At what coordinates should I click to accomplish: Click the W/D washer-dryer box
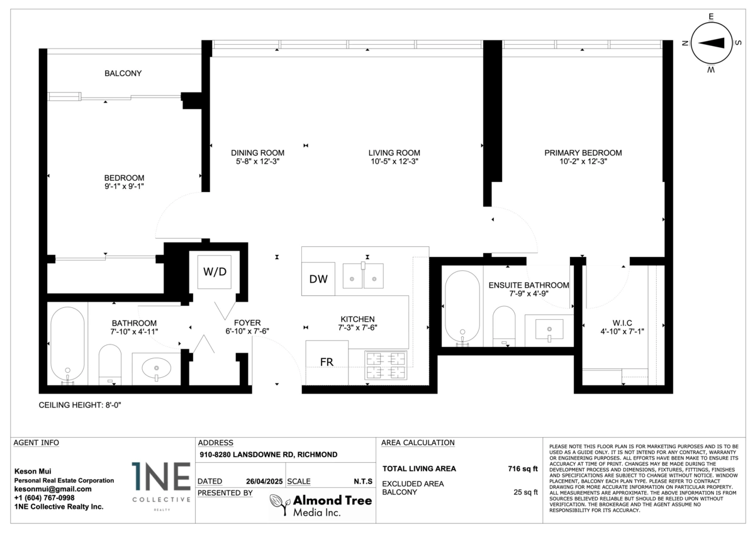(215, 272)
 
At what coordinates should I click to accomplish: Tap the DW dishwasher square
(318, 279)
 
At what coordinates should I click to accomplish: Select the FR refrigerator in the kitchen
(327, 362)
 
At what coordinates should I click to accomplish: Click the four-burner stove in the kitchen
(386, 365)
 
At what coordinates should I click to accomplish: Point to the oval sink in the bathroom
(157, 368)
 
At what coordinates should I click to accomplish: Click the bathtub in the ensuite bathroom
(462, 309)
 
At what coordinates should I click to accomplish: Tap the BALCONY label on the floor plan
(123, 73)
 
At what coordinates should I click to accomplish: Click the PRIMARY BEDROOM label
(583, 153)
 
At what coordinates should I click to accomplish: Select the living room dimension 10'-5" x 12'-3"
(394, 161)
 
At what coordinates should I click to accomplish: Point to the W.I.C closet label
(622, 323)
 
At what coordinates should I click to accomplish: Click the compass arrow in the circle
(711, 43)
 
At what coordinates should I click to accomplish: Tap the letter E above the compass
(711, 16)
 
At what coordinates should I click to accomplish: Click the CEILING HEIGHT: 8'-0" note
(80, 405)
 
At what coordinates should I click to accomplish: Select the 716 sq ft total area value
(523, 469)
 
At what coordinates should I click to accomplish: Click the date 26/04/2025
(264, 481)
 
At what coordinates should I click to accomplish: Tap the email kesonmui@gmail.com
(53, 489)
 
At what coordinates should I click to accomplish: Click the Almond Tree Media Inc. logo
(321, 505)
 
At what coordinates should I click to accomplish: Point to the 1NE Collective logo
(161, 485)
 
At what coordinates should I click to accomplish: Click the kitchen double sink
(363, 276)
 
